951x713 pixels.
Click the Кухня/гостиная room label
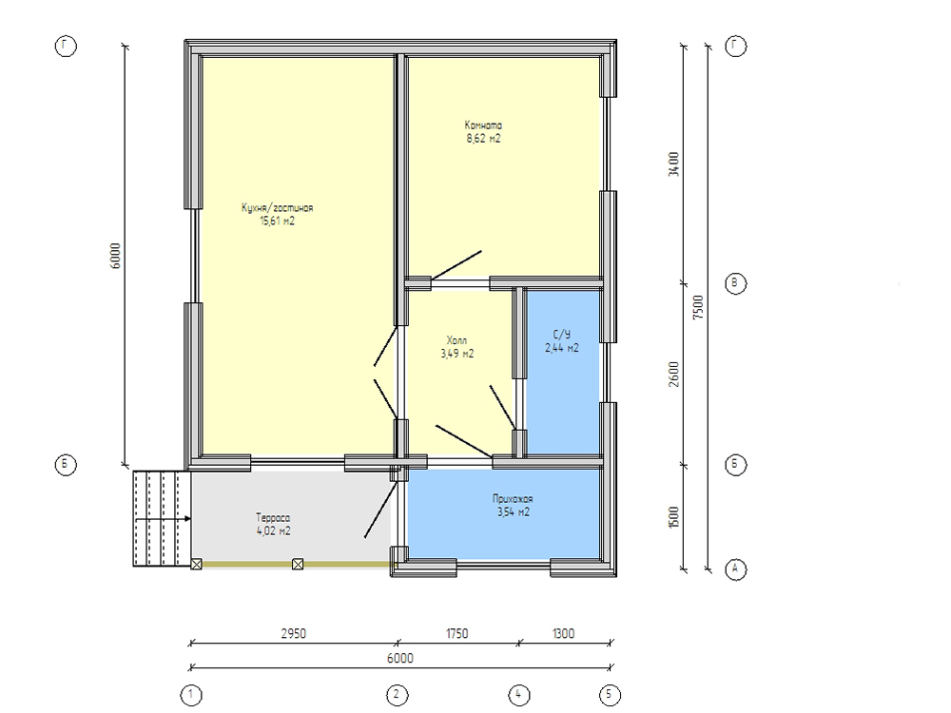point(277,208)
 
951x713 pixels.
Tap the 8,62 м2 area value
point(483,139)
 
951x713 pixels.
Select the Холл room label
point(456,340)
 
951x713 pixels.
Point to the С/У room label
point(562,335)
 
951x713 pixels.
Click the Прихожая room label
point(513,499)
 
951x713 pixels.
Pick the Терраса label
point(273,518)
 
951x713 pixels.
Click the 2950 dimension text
point(294,633)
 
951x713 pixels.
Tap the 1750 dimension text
point(456,633)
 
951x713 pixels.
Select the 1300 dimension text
point(563,633)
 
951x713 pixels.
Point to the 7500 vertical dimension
point(699,307)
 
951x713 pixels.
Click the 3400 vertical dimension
point(673,164)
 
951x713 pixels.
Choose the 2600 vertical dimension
point(673,375)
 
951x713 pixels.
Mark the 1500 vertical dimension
point(673,517)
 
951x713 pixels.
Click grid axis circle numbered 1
point(191,694)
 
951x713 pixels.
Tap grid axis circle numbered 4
point(518,694)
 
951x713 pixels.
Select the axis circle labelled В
point(736,283)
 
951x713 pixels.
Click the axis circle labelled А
point(736,568)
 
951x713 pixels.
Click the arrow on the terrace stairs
point(164,519)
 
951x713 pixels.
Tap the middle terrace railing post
point(298,565)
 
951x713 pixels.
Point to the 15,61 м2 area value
point(277,222)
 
